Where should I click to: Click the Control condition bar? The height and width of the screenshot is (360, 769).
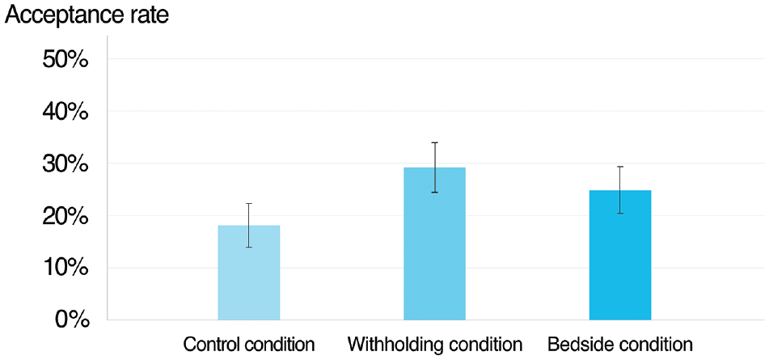click(248, 273)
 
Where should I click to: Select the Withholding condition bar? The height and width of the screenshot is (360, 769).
click(434, 244)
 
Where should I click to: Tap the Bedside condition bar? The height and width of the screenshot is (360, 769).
click(620, 255)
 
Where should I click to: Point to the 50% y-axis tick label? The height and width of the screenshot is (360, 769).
click(65, 60)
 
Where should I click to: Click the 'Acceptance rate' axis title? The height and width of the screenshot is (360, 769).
click(87, 15)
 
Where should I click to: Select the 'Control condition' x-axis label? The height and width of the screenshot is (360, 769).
click(248, 345)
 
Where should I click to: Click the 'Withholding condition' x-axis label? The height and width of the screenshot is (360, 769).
click(434, 345)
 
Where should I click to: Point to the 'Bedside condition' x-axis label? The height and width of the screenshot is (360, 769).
click(620, 345)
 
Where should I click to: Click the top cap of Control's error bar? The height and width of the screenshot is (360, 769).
click(248, 204)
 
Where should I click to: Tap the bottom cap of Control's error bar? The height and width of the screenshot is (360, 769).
click(248, 248)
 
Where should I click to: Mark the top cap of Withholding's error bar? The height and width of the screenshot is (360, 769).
click(434, 142)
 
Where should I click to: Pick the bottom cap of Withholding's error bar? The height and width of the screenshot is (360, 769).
click(434, 193)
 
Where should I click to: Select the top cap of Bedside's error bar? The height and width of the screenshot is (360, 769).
click(620, 167)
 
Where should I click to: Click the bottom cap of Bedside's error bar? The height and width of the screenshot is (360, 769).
click(620, 214)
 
